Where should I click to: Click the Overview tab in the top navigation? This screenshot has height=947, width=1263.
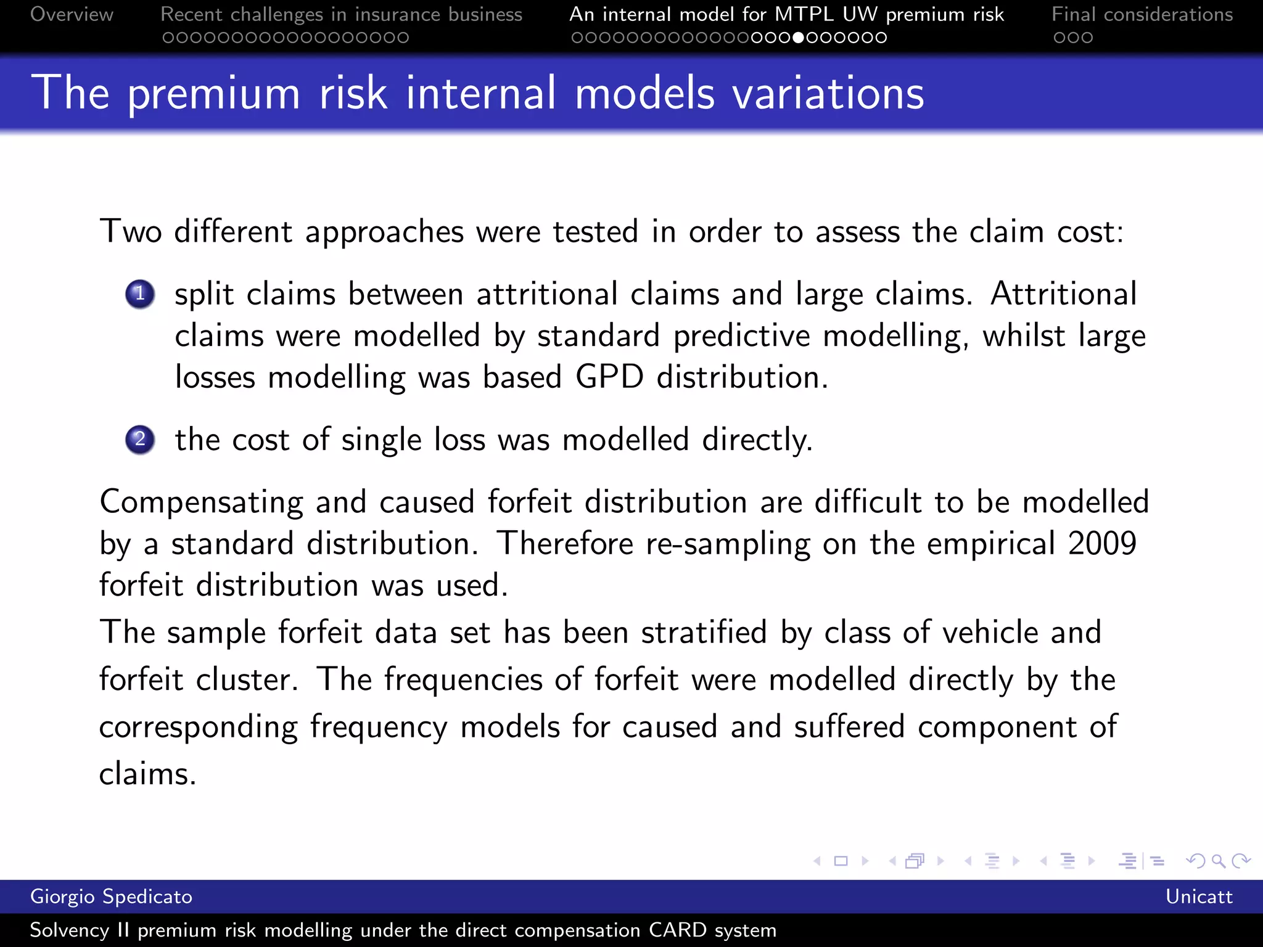point(72,14)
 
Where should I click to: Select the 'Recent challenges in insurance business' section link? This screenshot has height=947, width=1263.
point(341,14)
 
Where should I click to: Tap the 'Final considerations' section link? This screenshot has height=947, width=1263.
point(1142,14)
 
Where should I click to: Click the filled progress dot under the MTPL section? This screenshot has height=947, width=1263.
point(798,38)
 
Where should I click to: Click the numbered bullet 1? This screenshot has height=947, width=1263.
point(140,293)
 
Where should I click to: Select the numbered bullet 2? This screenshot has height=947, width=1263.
point(140,440)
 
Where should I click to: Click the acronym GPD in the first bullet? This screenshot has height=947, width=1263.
point(609,377)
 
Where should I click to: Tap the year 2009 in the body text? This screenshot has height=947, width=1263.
point(1102,543)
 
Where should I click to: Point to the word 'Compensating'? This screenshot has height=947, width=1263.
point(202,502)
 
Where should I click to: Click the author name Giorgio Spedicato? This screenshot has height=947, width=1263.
point(111,896)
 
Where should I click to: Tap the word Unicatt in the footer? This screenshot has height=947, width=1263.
point(1198,896)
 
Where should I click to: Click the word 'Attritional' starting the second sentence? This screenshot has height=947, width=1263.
point(1063,293)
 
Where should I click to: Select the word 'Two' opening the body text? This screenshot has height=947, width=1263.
point(131,232)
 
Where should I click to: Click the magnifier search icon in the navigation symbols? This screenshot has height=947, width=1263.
point(1218,861)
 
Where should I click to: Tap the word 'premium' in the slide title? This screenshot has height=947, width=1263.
point(214,93)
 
